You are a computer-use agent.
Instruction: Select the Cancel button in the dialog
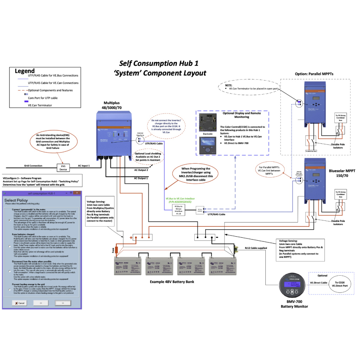[19, 303]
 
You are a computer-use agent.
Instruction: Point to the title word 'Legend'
[25, 71]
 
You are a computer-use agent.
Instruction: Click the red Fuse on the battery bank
[117, 250]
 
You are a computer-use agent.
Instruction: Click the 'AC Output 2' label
[141, 170]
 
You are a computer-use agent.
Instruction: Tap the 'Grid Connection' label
[33, 166]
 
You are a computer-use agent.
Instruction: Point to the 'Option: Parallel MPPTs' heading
[314, 74]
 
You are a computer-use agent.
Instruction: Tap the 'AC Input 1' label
[84, 166]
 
